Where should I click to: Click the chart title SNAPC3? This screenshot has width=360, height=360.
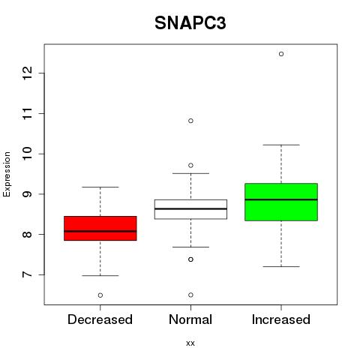click(190, 23)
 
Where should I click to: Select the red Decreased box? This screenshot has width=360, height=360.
click(100, 228)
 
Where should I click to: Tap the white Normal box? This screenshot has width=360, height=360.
click(190, 209)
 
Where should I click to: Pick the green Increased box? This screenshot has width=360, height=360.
click(281, 202)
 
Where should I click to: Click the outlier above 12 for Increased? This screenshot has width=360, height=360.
click(281, 54)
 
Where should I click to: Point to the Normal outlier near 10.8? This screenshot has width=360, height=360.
click(190, 121)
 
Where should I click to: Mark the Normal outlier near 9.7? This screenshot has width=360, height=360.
click(190, 166)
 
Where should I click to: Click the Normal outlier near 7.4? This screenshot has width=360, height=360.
click(190, 259)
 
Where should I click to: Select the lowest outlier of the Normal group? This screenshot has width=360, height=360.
click(190, 295)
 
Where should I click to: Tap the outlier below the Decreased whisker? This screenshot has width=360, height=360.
click(100, 295)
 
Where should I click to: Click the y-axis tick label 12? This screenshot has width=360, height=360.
click(27, 73)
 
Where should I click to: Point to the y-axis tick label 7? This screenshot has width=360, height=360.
click(27, 274)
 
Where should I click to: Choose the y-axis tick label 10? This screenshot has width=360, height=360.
click(27, 154)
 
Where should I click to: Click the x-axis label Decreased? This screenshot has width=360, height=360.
click(100, 319)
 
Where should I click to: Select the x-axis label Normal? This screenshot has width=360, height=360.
click(190, 319)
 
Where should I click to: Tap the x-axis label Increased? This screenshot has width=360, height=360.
click(281, 319)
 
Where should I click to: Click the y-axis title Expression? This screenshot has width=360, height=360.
click(7, 174)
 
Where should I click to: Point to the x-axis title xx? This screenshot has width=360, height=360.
click(190, 343)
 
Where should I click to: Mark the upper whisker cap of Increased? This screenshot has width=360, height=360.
click(281, 145)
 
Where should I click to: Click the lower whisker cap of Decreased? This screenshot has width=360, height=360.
click(100, 275)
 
